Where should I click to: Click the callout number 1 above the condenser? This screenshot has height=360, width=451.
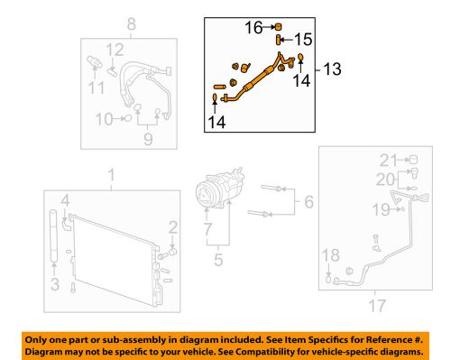point(111,173)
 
